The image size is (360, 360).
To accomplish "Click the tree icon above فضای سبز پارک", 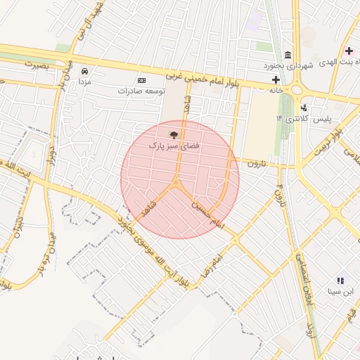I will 173,133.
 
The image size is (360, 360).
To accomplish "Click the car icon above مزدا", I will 84,72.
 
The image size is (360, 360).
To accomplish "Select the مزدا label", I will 84,82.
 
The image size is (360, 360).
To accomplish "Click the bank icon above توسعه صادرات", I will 141,81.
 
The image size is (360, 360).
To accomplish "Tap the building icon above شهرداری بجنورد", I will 288,56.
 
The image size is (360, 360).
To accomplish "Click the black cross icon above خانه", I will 276,80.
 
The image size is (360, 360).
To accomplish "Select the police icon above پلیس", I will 304,108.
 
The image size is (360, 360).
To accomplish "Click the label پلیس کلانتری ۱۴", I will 304,118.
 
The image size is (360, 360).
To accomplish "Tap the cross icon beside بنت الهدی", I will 349,51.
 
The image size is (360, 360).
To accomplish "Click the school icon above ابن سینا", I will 341,280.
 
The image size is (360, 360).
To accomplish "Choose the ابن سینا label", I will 341,290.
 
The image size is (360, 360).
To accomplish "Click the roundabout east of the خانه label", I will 297,89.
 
